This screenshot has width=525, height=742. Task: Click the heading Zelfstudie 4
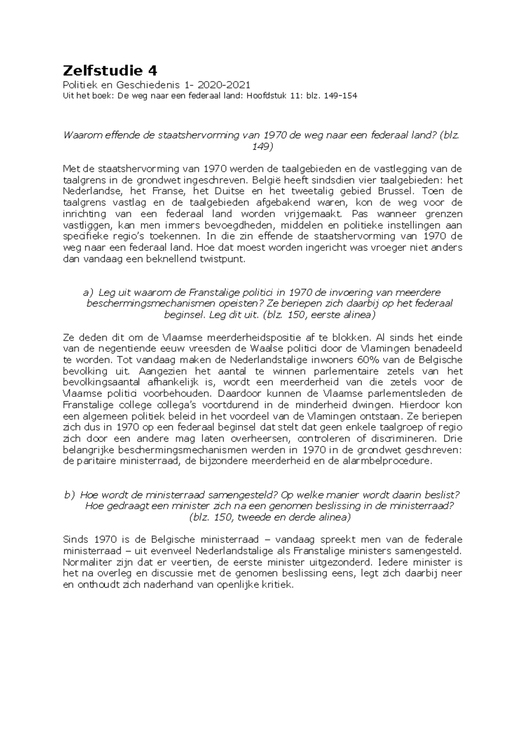click(x=110, y=70)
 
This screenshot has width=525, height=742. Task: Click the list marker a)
click(x=88, y=292)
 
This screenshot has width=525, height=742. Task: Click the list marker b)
click(x=70, y=495)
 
